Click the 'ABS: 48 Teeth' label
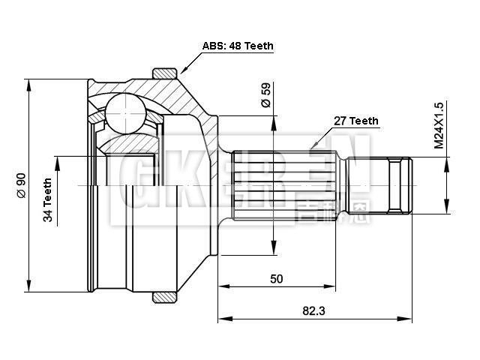coord(238,46)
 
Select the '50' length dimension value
coord(276,279)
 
